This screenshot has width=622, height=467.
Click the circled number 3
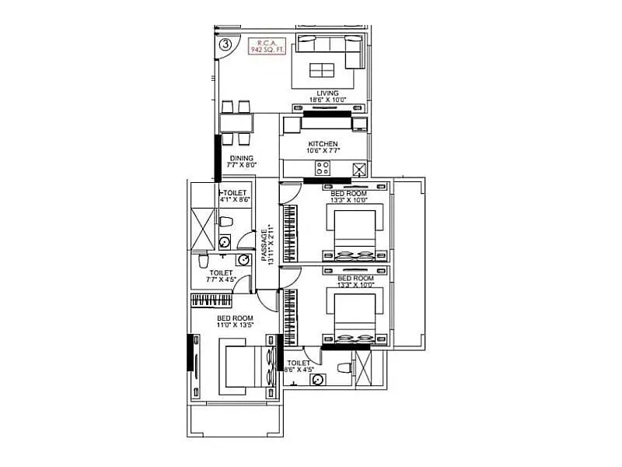point(225,44)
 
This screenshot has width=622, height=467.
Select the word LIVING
point(327,93)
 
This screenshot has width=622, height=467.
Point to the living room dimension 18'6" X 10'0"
point(327,100)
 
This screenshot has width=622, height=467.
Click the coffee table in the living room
point(321,70)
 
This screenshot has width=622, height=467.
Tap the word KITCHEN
point(323,145)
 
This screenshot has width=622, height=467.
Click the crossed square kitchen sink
point(359,170)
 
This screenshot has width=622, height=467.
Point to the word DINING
point(240,158)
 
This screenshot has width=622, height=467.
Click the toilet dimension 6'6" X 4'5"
point(299,370)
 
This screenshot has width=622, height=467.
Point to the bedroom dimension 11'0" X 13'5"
point(235,326)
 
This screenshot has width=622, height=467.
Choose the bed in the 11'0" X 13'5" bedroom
point(247,370)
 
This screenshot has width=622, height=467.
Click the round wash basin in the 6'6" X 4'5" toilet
point(317,380)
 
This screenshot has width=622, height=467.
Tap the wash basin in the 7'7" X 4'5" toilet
point(243,261)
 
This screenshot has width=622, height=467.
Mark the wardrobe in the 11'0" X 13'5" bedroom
point(215,300)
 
